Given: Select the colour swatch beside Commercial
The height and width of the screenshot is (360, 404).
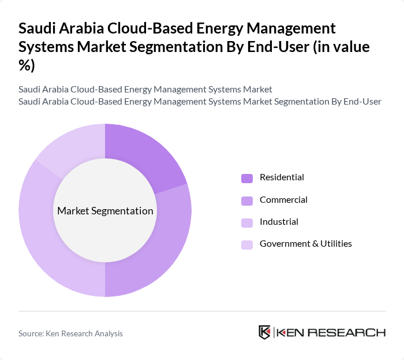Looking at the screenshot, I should pyautogui.click(x=247, y=201).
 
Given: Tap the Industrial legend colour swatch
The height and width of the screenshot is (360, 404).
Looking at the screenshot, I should pyautogui.click(x=247, y=222).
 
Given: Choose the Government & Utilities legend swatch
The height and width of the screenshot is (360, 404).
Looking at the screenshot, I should pyautogui.click(x=247, y=244).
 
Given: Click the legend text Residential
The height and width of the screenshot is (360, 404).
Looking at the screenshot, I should pyautogui.click(x=282, y=177).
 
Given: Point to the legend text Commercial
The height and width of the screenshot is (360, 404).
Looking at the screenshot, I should pyautogui.click(x=283, y=200).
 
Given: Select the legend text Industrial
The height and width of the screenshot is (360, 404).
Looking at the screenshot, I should pyautogui.click(x=279, y=222).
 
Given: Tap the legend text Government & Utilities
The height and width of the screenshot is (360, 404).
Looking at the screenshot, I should pyautogui.click(x=305, y=244).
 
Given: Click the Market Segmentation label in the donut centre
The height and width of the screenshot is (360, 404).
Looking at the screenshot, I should pyautogui.click(x=105, y=211).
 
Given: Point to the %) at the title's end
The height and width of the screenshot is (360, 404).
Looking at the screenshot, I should pyautogui.click(x=27, y=66).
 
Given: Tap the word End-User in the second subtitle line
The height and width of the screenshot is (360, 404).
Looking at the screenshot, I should pyautogui.click(x=362, y=102).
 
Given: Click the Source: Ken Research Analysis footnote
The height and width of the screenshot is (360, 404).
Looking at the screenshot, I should pyautogui.click(x=70, y=333).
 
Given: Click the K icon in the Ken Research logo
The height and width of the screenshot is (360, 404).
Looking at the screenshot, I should pyautogui.click(x=265, y=332).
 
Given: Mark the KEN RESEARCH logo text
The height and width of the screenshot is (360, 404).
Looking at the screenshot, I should pyautogui.click(x=331, y=332).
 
